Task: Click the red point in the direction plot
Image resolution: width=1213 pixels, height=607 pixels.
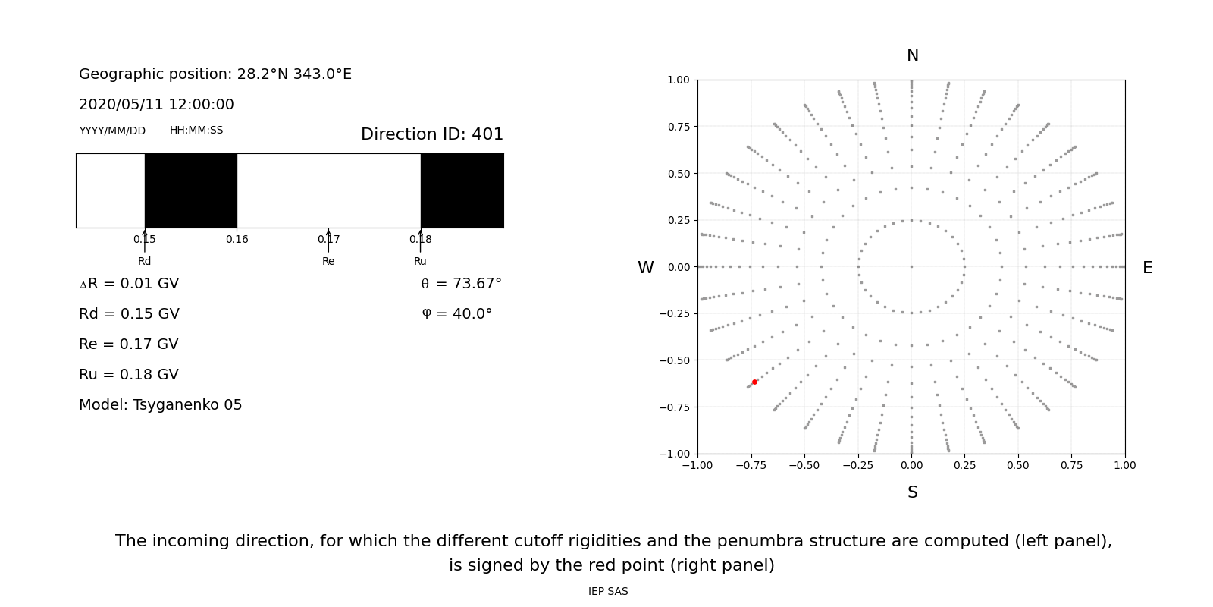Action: [x=754, y=382]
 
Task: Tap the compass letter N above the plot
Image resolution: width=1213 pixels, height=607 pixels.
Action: [x=913, y=55]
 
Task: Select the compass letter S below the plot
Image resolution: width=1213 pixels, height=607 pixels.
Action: [x=913, y=492]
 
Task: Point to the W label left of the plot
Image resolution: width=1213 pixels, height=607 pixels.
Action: [x=645, y=268]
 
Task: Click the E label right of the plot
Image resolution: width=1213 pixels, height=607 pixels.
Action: [x=1147, y=268]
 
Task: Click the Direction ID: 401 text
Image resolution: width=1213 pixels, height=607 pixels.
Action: [x=431, y=134]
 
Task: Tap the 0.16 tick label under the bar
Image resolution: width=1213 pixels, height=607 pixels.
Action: [x=237, y=239]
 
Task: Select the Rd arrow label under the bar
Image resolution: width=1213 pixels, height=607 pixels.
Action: [x=144, y=261]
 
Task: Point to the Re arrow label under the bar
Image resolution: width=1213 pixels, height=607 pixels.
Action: [x=328, y=261]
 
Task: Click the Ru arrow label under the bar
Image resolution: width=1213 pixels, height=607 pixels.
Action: [x=420, y=261]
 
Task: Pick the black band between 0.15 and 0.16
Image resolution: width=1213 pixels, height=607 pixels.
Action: [x=190, y=190]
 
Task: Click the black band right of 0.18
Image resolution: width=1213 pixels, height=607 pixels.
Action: [x=462, y=190]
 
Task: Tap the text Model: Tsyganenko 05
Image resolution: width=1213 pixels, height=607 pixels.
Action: [x=160, y=405]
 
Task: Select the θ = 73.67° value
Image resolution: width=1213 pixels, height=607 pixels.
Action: [x=461, y=284]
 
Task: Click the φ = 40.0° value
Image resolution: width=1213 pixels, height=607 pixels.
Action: [x=456, y=314]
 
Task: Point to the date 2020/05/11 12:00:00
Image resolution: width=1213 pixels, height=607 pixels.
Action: [x=156, y=105]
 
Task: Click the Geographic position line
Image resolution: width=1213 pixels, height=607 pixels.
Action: [x=215, y=74]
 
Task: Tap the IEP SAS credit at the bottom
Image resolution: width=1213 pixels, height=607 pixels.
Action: [x=608, y=591]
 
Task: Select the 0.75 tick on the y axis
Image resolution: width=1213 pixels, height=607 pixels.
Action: [x=678, y=127]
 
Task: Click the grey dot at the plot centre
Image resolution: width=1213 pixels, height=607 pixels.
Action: [x=911, y=266]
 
